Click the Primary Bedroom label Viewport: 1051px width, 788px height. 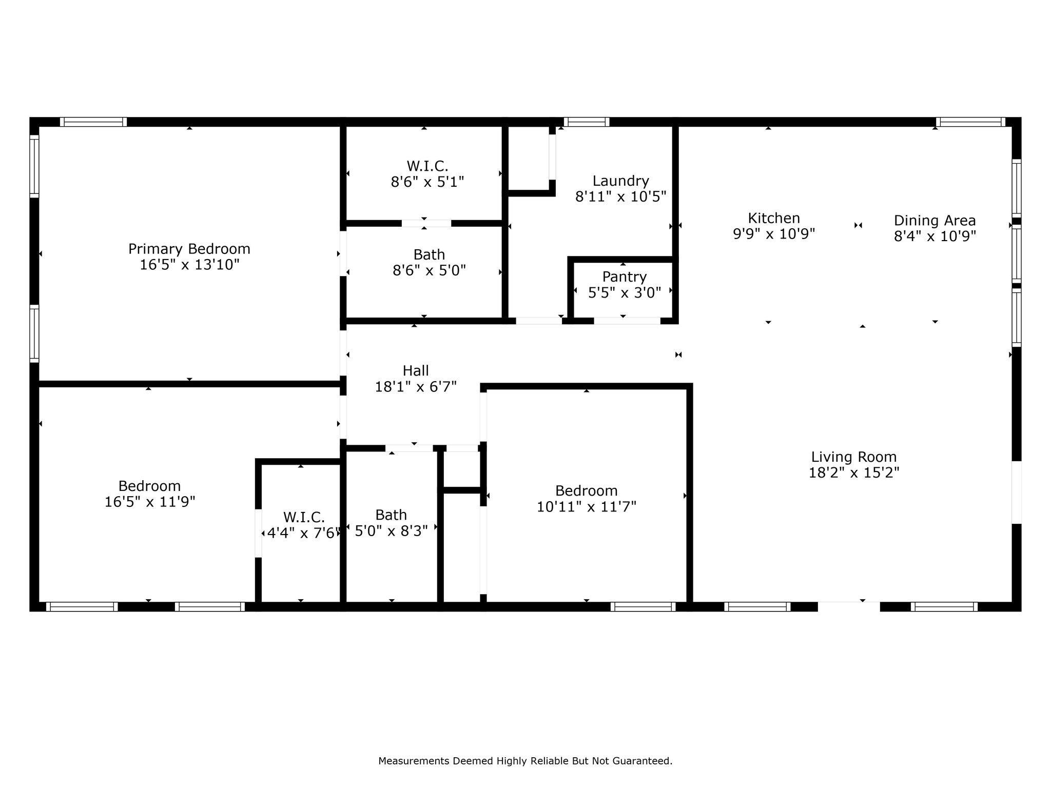click(x=189, y=249)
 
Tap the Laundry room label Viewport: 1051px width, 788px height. click(x=621, y=181)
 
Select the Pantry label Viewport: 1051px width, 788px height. click(x=624, y=277)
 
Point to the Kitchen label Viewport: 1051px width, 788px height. click(x=774, y=218)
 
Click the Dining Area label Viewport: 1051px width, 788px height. click(x=935, y=221)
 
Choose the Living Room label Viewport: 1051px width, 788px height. click(x=854, y=457)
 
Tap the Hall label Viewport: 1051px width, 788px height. click(x=416, y=370)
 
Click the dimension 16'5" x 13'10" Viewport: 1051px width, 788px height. click(x=190, y=265)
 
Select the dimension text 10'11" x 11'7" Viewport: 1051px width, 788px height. click(x=587, y=507)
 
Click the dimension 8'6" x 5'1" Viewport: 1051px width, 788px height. click(x=427, y=182)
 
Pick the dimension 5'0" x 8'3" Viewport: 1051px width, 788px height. click(x=392, y=531)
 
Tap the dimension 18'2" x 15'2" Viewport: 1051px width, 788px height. click(x=854, y=472)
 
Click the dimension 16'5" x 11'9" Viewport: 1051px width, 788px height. click(x=150, y=502)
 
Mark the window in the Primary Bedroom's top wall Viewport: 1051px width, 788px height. click(x=93, y=122)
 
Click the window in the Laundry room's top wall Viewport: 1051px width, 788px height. click(x=587, y=122)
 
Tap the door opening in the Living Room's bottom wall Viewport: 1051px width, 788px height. click(x=849, y=606)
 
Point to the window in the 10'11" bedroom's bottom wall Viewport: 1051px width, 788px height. click(x=643, y=606)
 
